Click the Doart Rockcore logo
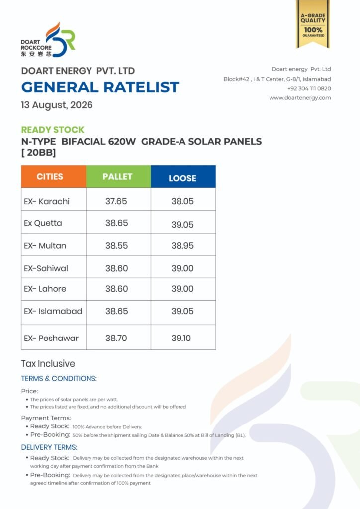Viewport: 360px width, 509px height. [x=48, y=40]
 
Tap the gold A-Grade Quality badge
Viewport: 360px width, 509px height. [x=313, y=24]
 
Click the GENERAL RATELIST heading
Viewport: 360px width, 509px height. [x=100, y=87]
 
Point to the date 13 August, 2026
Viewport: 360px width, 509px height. [x=57, y=105]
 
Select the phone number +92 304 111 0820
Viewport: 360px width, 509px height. [x=309, y=88]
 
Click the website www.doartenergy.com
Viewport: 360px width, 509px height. [x=300, y=98]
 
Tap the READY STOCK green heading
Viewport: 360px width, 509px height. [x=53, y=130]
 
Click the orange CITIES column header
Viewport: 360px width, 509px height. [x=54, y=176]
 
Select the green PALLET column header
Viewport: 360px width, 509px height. [x=118, y=176]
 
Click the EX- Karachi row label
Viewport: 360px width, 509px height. [x=47, y=201]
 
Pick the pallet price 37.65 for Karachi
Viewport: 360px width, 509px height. [x=116, y=201]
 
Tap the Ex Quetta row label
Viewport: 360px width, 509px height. [x=43, y=223]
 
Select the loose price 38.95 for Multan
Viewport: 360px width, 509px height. [x=182, y=246]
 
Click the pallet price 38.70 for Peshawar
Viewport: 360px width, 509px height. [x=116, y=338]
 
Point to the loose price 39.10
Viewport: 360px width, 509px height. [x=181, y=338]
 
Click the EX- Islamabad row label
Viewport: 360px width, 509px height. [x=53, y=311]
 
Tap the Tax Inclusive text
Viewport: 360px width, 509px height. [x=48, y=363]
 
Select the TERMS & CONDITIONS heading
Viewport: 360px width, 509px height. [x=59, y=378]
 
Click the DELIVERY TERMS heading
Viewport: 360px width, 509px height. [x=49, y=447]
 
